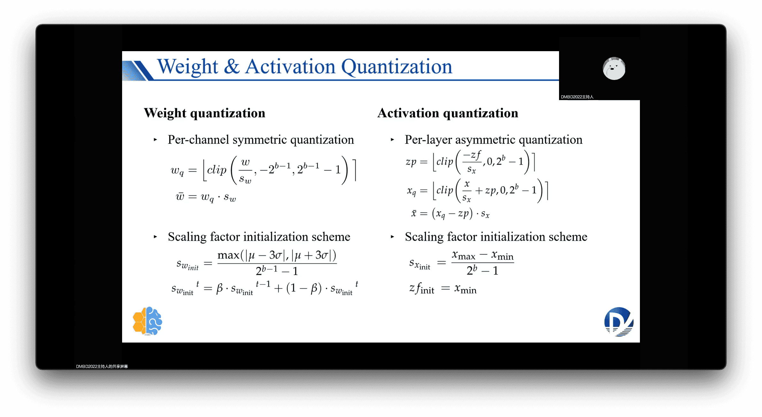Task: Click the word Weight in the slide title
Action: pyautogui.click(x=188, y=67)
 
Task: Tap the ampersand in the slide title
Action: pyautogui.click(x=232, y=67)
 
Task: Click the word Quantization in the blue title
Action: pyautogui.click(x=397, y=67)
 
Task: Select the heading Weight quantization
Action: pyautogui.click(x=205, y=113)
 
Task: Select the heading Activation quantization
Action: pyautogui.click(x=448, y=113)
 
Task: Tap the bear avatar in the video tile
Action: pyautogui.click(x=614, y=68)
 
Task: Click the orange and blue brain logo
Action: pyautogui.click(x=147, y=321)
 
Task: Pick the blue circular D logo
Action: pyautogui.click(x=619, y=322)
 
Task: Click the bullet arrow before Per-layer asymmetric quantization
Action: pyautogui.click(x=392, y=140)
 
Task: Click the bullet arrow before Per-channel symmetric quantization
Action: pyautogui.click(x=155, y=140)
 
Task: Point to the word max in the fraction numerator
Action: pyautogui.click(x=229, y=255)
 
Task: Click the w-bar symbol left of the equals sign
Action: pyautogui.click(x=180, y=196)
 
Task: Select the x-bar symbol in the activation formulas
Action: pyautogui.click(x=414, y=213)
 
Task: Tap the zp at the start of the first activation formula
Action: pyautogui.click(x=411, y=162)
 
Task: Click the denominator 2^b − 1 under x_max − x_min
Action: pyautogui.click(x=482, y=271)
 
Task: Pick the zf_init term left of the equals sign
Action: pyautogui.click(x=422, y=288)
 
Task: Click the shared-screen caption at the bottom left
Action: pyautogui.click(x=102, y=366)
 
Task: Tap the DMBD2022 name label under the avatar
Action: pyautogui.click(x=577, y=97)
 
